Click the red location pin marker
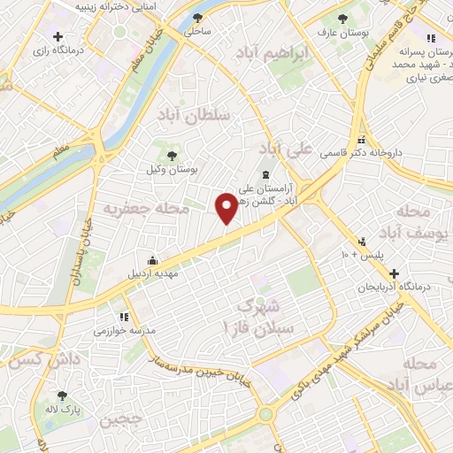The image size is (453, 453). pyautogui.click(x=227, y=208)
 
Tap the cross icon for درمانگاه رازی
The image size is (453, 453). pyautogui.click(x=58, y=36)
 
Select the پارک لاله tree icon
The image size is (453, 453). pyautogui.click(x=62, y=395)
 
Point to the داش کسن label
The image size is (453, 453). pyautogui.click(x=35, y=360)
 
